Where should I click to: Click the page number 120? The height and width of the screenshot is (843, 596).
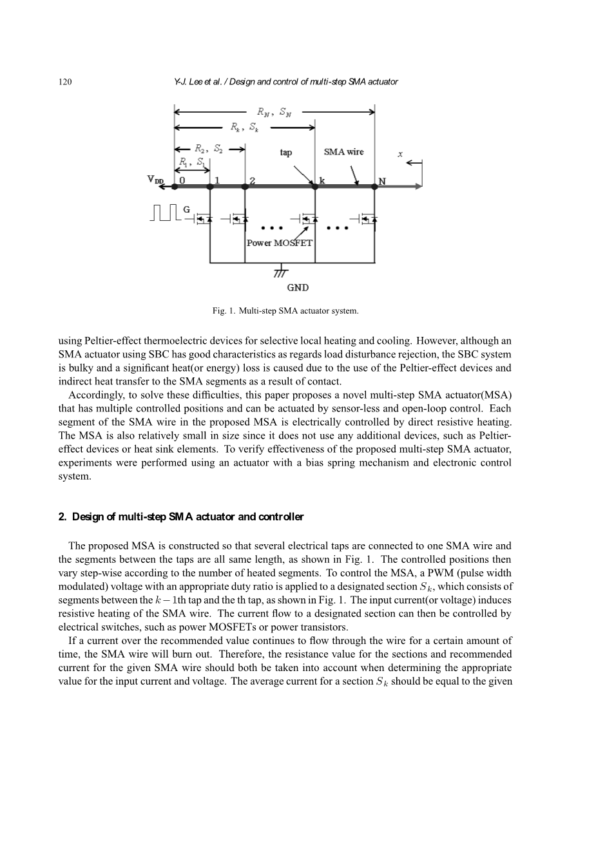(64, 82)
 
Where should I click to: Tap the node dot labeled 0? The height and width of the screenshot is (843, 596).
(175, 187)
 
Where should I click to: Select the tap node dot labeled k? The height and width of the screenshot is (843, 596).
(314, 187)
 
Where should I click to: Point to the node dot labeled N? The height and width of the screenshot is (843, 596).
(374, 187)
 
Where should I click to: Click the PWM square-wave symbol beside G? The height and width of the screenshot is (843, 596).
(166, 213)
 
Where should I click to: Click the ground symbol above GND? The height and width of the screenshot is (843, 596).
(280, 270)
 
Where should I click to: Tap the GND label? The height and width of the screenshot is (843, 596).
(297, 288)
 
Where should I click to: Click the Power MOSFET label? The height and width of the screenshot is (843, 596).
(280, 243)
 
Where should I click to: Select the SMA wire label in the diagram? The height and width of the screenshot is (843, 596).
(343, 152)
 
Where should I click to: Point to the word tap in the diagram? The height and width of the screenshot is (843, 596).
(285, 153)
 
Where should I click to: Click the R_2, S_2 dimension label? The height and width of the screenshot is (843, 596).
(210, 150)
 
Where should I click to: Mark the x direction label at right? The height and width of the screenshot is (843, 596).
(399, 155)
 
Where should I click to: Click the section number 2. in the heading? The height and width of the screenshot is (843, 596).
(62, 517)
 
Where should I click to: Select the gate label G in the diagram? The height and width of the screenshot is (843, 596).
(187, 210)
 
